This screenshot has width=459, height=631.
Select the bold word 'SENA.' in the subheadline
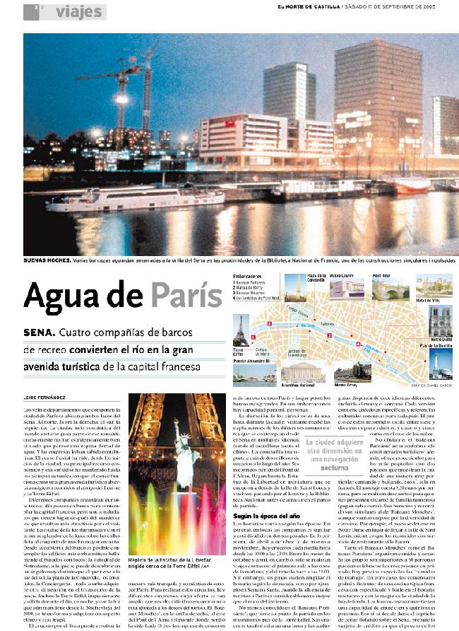38,332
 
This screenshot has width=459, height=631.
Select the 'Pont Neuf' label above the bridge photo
381,275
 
